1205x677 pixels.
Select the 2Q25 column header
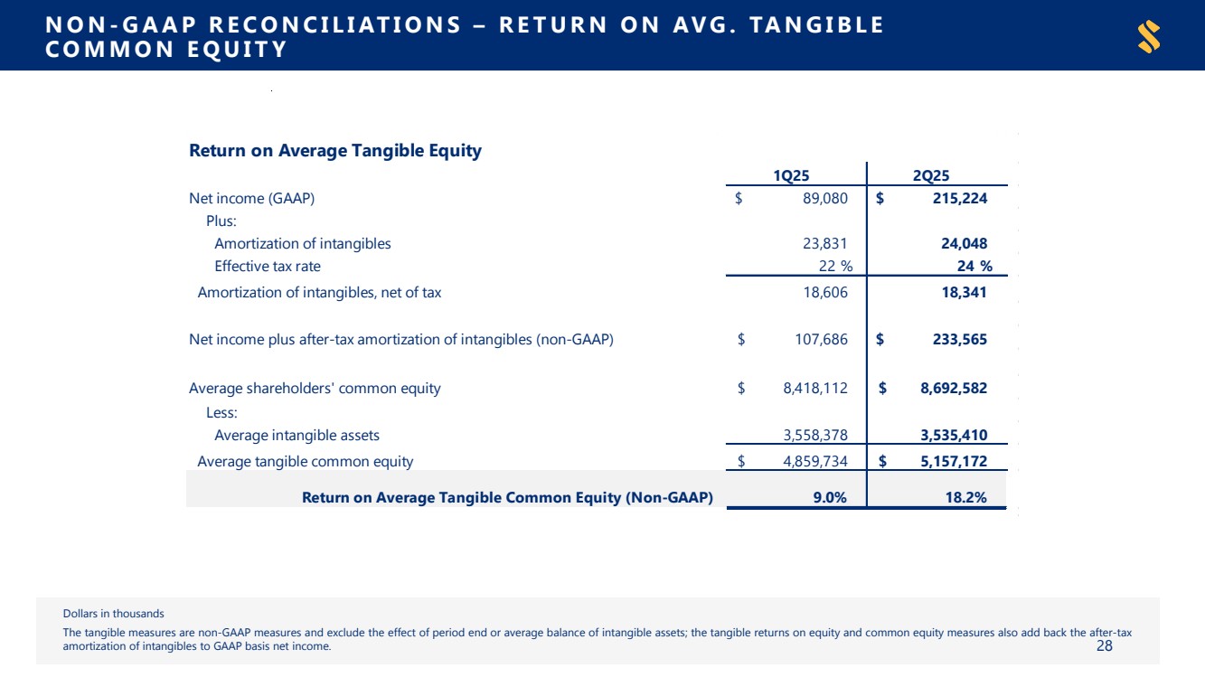[937, 175]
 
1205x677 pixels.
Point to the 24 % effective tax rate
[974, 266]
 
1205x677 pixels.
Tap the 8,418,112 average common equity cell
[814, 389]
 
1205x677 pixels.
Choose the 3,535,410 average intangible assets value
[953, 436]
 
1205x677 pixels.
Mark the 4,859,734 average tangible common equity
[814, 462]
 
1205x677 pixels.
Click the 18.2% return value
[965, 497]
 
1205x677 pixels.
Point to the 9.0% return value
[828, 497]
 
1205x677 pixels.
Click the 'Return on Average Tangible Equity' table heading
[334, 151]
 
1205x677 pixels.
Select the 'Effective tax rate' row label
[267, 266]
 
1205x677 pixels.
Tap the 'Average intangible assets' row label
[297, 436]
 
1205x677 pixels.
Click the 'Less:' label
[221, 413]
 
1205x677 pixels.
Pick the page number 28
[1104, 645]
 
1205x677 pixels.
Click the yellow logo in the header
[1149, 37]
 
